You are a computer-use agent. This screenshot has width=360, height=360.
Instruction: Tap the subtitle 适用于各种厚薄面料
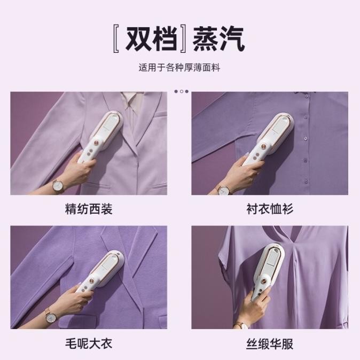click(x=179, y=68)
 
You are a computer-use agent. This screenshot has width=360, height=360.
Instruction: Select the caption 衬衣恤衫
click(x=269, y=208)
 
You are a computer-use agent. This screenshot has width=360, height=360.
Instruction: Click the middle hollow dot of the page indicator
click(x=181, y=91)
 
